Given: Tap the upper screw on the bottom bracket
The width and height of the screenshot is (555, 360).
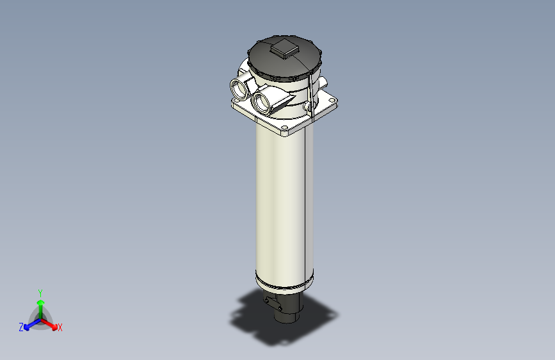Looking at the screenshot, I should click(266, 299).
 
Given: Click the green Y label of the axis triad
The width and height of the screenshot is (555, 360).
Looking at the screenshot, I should click(40, 292).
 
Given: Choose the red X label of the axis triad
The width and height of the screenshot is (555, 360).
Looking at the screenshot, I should click(60, 328).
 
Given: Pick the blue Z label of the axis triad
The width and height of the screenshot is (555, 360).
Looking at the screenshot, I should click(21, 327).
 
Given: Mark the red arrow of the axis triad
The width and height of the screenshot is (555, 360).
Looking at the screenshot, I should click(51, 324).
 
